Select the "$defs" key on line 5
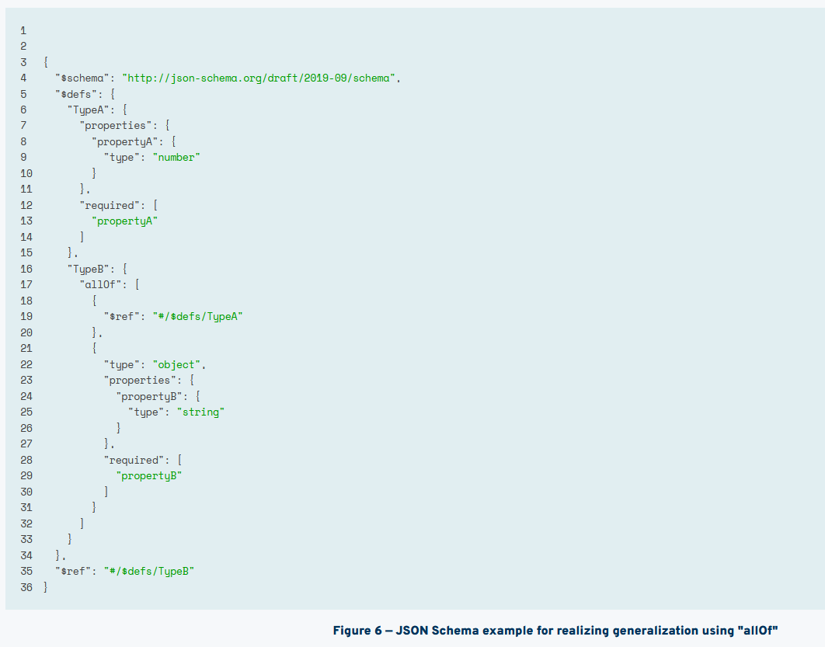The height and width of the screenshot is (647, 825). pyautogui.click(x=77, y=93)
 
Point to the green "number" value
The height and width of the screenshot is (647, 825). pyautogui.click(x=177, y=157)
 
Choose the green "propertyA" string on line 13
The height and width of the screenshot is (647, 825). pyautogui.click(x=125, y=221)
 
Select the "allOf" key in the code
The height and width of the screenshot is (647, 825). pyautogui.click(x=101, y=284)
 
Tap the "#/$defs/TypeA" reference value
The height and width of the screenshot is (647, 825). pyautogui.click(x=198, y=316)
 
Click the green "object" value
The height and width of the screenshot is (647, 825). pyautogui.click(x=180, y=364)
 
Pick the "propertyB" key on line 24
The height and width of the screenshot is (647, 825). pyautogui.click(x=149, y=396)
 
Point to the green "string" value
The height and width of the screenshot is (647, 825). pyautogui.click(x=200, y=412)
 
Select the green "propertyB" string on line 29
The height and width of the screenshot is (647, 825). pyautogui.click(x=149, y=475)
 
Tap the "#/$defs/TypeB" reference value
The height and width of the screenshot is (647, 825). pyautogui.click(x=149, y=571)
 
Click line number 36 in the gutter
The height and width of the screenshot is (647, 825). pyautogui.click(x=26, y=587)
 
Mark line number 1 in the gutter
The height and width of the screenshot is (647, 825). pyautogui.click(x=23, y=30)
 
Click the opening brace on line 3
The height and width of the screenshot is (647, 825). pyautogui.click(x=46, y=62)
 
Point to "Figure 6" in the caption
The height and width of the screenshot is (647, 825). pyautogui.click(x=357, y=630)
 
